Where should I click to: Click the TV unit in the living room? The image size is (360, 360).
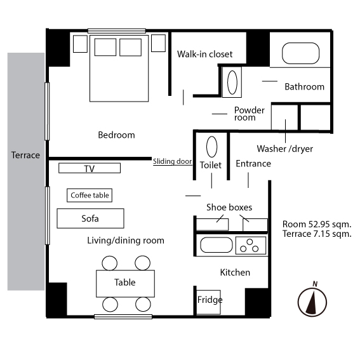pos(90,168)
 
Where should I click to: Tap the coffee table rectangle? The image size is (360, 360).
pos(90,196)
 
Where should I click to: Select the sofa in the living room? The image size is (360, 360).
pos(90,218)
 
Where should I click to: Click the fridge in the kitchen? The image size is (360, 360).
pos(208,302)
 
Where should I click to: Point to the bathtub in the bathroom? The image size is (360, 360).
pos(300,53)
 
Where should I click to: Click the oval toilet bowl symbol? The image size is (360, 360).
pos(211,147)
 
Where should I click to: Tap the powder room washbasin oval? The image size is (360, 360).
pos(232,83)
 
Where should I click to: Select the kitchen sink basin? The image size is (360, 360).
pos(217,245)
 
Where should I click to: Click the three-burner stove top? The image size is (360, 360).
pos(251,246)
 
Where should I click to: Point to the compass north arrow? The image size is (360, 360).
pos(312,302)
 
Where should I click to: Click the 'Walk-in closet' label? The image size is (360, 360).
pos(205,54)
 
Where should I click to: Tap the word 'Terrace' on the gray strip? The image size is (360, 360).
pos(25,155)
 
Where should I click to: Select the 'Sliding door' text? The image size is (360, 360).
pos(173,161)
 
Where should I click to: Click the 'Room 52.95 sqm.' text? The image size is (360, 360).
pos(317,224)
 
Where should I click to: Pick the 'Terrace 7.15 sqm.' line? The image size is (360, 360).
pos(317,234)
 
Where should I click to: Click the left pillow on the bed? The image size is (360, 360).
pos(105,47)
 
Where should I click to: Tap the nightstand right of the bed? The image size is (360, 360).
pos(159,43)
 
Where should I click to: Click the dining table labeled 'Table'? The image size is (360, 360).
pos(125,284)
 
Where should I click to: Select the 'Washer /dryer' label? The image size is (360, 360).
pos(284,149)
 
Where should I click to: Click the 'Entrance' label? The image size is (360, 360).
pos(253,164)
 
